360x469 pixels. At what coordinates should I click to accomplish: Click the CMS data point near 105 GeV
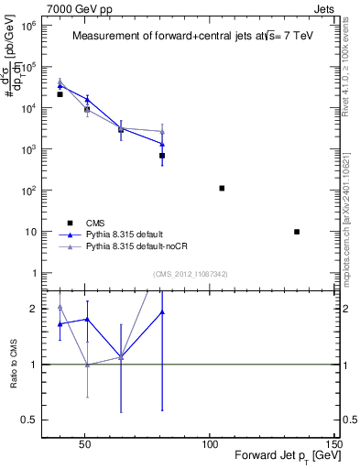222,188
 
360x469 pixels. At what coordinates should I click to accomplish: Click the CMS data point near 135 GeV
297,232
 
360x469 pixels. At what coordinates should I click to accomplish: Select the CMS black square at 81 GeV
162,156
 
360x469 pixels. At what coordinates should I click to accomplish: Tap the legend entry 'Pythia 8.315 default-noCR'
136,246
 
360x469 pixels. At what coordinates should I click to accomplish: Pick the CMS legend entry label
95,223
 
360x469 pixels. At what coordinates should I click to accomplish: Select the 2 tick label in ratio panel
33,309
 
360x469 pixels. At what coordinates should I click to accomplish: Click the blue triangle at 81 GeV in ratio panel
162,312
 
